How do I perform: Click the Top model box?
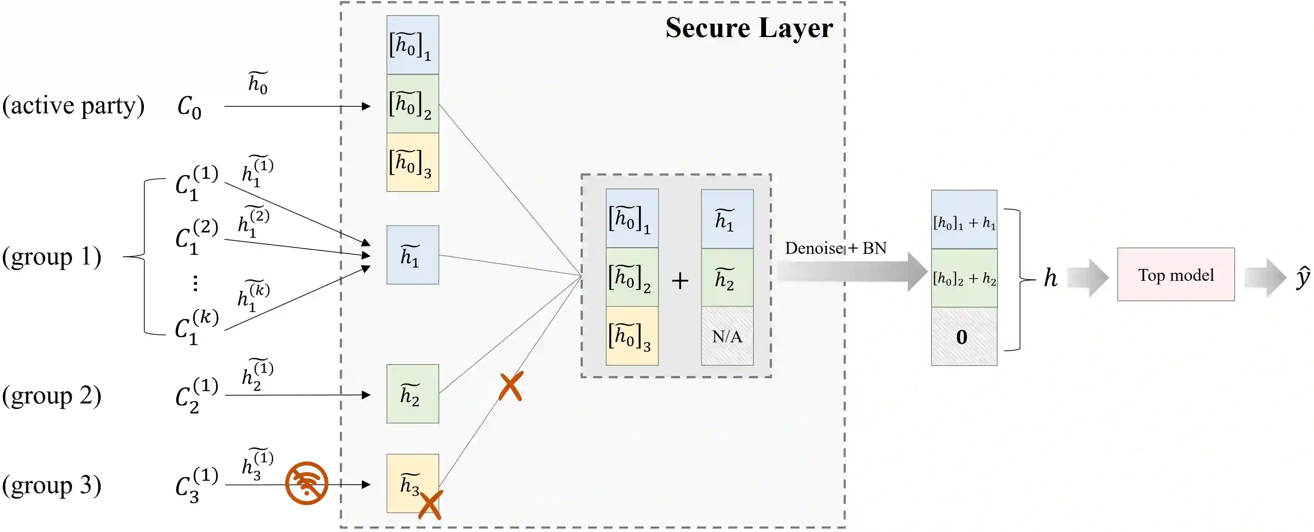click(1175, 274)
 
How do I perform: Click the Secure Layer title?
click(749, 28)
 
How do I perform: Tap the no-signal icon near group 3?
click(306, 483)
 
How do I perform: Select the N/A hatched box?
click(727, 336)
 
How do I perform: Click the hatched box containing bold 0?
click(963, 336)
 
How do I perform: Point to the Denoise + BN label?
click(835, 248)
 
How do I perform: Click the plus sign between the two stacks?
click(680, 280)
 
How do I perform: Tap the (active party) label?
click(73, 106)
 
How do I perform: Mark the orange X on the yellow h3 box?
click(430, 505)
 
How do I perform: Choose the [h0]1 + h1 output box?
click(963, 220)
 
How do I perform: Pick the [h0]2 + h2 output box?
click(963, 278)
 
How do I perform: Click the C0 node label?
click(189, 107)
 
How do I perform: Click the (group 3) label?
click(52, 485)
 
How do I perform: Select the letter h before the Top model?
click(1050, 278)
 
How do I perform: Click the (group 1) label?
click(52, 256)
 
